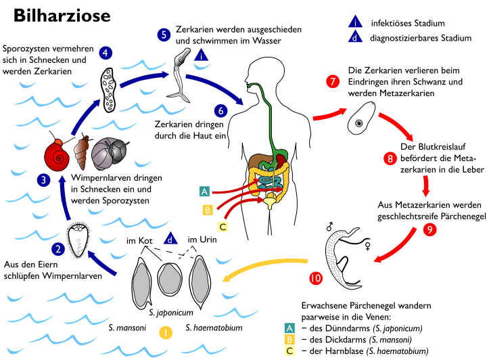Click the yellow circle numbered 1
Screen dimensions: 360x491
[166, 332]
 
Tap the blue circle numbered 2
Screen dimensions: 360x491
[58, 249]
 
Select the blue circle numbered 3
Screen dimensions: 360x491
[44, 180]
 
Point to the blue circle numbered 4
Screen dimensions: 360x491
[106, 53]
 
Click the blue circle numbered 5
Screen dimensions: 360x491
[164, 35]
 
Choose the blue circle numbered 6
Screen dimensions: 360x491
[221, 110]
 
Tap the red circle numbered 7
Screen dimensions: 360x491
[333, 82]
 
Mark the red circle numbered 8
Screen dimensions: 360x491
[390, 158]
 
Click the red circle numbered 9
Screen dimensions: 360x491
[429, 229]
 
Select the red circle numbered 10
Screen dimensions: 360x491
[316, 278]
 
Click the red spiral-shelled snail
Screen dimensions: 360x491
[57, 156]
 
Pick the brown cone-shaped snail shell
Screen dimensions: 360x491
[81, 152]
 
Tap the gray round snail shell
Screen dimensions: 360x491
[108, 154]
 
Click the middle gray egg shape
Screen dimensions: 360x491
[170, 278]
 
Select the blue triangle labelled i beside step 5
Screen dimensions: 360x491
[201, 55]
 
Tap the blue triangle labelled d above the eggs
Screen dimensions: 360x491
[170, 238]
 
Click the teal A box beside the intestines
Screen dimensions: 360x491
[204, 192]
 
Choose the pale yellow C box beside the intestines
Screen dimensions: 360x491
[223, 227]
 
